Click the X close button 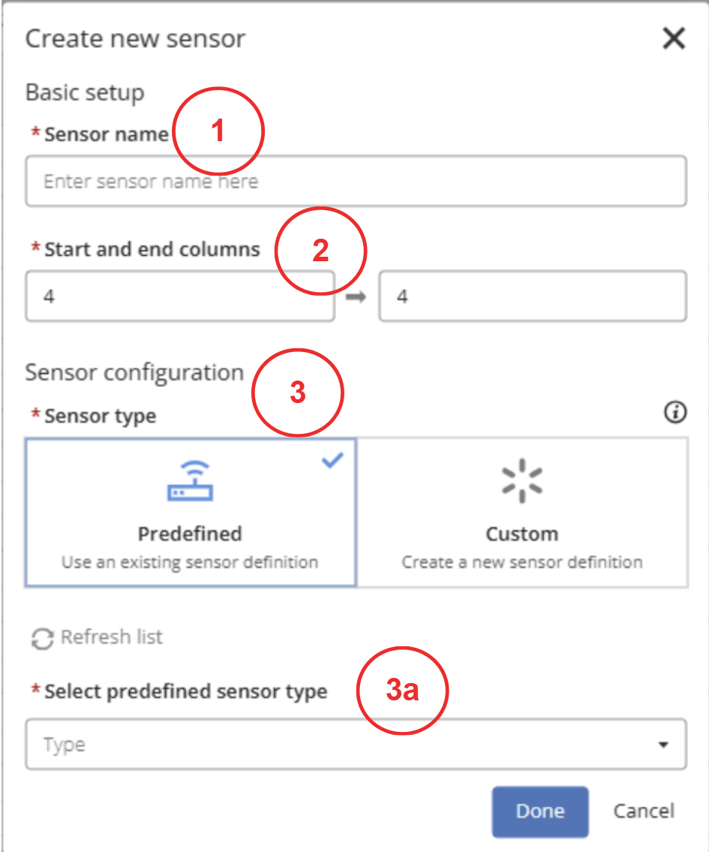point(674,38)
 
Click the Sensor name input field point(356,181)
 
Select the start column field point(180,296)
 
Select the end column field point(533,296)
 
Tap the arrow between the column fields point(356,297)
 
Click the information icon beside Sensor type point(675,412)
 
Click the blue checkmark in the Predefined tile point(332,460)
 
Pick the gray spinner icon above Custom point(522,481)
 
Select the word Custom point(522,534)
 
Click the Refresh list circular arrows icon point(42,639)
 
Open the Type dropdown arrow point(663,745)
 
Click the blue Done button point(540,811)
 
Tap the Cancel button point(644,811)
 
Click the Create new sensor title point(135,38)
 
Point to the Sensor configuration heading point(134,373)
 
